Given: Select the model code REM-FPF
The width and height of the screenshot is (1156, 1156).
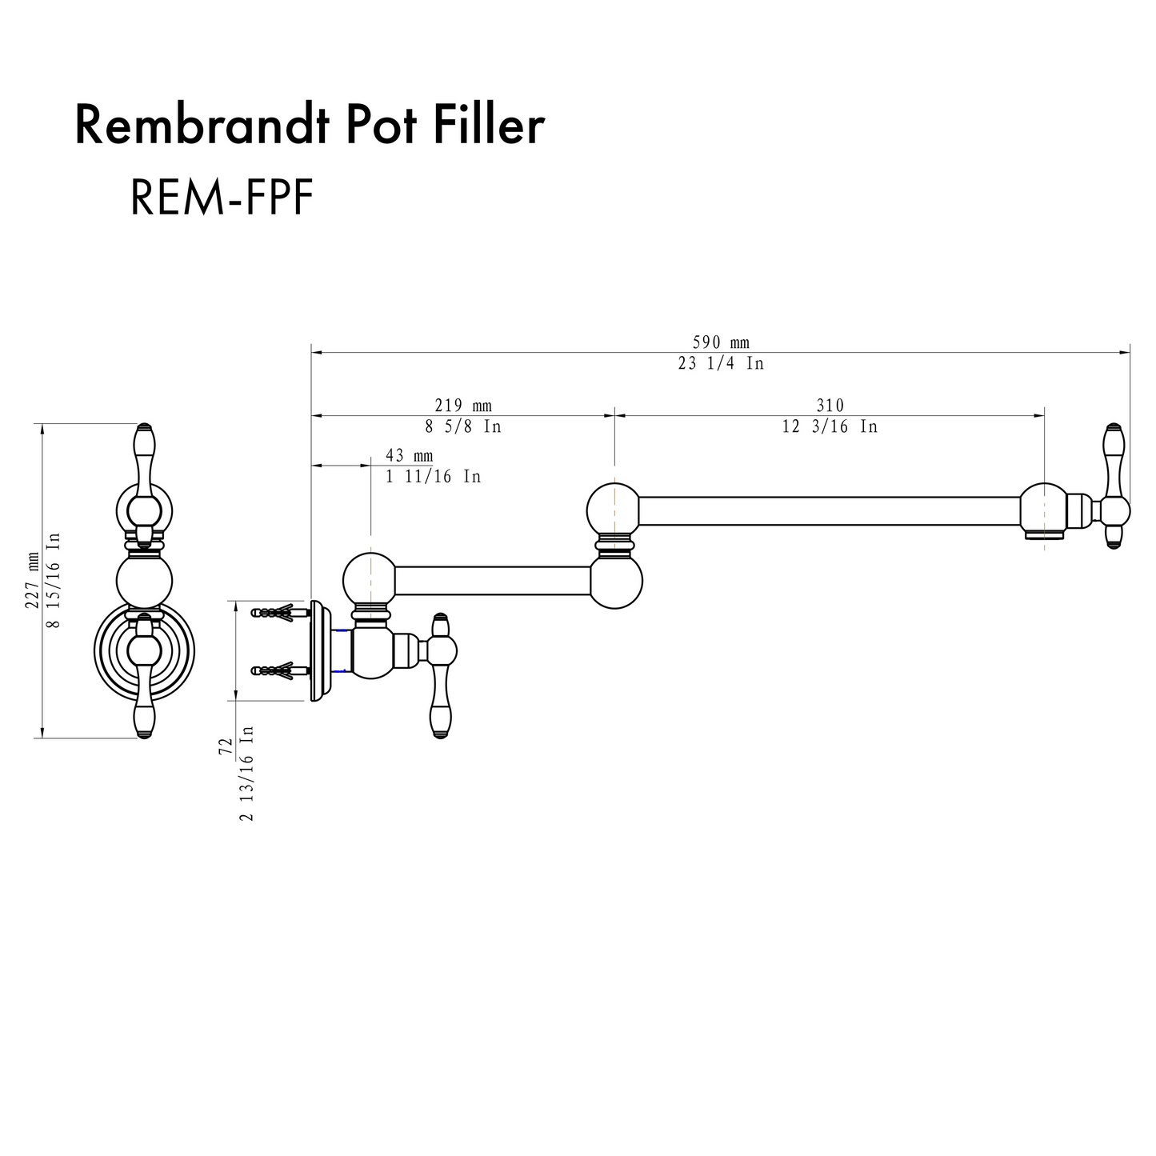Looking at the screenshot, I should pos(221,198).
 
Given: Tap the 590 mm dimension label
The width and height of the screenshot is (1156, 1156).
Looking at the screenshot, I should pos(720,342).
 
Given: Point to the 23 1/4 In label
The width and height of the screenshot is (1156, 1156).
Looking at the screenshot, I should pos(720,363).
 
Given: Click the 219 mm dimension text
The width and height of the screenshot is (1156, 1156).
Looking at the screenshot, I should pos(463,406).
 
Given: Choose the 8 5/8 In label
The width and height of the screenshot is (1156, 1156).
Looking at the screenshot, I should pos(463,426).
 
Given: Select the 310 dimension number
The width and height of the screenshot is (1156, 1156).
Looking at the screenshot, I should pos(830,406).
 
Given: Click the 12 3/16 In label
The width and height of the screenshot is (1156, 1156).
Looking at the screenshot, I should pos(830,426).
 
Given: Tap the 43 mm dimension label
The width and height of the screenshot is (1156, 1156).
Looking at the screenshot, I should pos(409,455).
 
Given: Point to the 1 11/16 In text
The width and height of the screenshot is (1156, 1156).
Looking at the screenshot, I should pos(433,477).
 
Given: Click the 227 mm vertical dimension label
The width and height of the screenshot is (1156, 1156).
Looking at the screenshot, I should pos(33,579).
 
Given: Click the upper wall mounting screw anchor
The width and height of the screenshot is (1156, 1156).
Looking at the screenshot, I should pos(280,613).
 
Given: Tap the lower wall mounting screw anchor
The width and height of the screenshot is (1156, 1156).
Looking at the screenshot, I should pos(280,670).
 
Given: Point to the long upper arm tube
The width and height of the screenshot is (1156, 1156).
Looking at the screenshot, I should pos(829,510).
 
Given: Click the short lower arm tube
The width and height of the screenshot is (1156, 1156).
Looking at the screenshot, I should pos(493,581).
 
